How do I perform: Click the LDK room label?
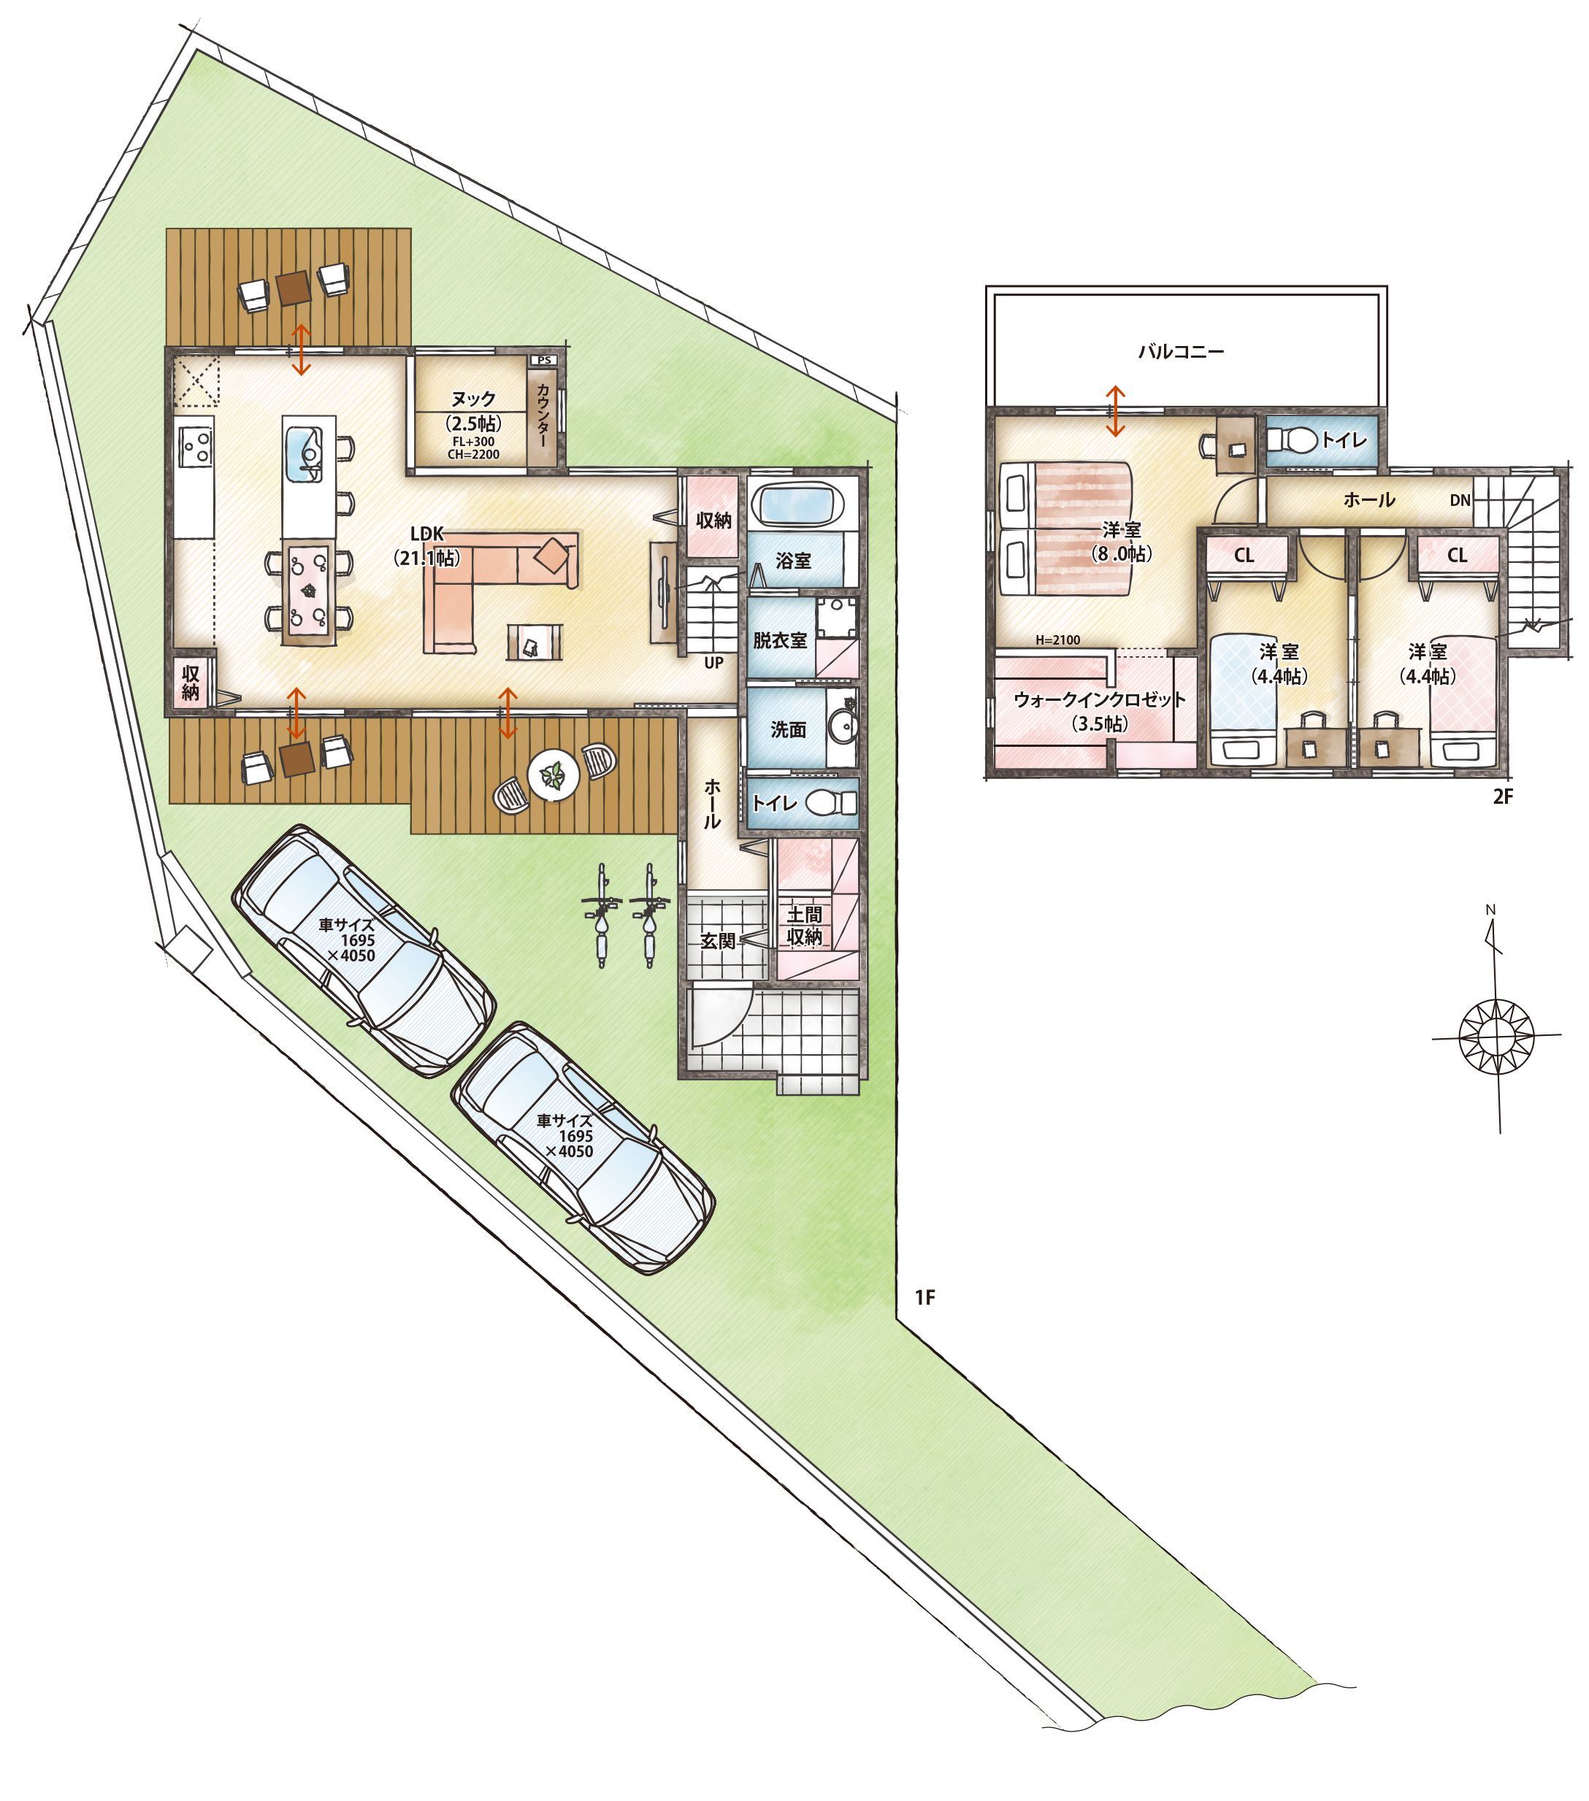pos(427,534)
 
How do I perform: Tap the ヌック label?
pos(473,399)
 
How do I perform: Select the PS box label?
pos(544,361)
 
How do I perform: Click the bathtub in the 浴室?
pos(796,506)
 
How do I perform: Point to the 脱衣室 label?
pos(780,640)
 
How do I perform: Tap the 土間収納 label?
pos(804,926)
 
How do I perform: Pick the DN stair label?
pos(1460,501)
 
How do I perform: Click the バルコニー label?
pos(1181,352)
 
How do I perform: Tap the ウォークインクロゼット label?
pos(1099,699)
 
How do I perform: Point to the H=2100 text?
pos(1057,640)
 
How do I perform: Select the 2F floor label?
pos(1503,796)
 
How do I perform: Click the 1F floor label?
pos(924,1298)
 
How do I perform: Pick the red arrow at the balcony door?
pos(1115,412)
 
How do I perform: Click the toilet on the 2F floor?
pos(1292,439)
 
